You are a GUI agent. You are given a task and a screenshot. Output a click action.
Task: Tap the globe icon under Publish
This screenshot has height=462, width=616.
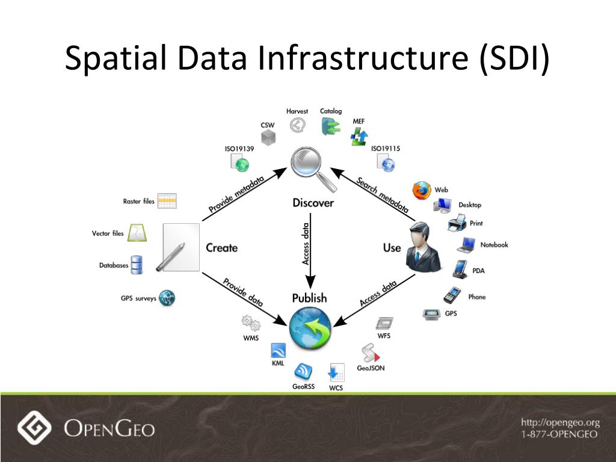(309, 327)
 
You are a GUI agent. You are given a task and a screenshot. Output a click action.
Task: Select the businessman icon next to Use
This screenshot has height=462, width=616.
(423, 247)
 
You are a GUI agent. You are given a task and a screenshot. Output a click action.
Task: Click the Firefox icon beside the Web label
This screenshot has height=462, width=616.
(422, 191)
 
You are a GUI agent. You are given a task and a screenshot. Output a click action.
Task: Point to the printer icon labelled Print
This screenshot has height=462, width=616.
(457, 224)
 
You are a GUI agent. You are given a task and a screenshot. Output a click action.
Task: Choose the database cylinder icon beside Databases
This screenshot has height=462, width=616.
(137, 265)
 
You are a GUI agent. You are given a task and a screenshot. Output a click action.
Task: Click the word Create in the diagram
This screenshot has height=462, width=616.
(221, 248)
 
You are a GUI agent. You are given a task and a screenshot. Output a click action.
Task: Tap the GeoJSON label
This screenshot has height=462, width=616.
(371, 368)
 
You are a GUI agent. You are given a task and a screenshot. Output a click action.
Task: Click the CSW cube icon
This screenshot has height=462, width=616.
(268, 138)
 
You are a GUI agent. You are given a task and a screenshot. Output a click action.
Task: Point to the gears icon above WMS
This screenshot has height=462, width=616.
(251, 324)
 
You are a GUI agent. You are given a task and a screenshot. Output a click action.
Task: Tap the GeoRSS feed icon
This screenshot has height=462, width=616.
(303, 371)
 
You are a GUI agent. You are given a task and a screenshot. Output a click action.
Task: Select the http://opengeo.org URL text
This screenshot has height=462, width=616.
(560, 423)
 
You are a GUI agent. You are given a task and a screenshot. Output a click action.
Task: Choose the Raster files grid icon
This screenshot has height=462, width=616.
(167, 201)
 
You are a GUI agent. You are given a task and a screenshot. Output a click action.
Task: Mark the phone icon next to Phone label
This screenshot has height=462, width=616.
(451, 295)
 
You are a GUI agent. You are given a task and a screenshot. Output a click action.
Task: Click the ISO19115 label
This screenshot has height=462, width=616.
(386, 149)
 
